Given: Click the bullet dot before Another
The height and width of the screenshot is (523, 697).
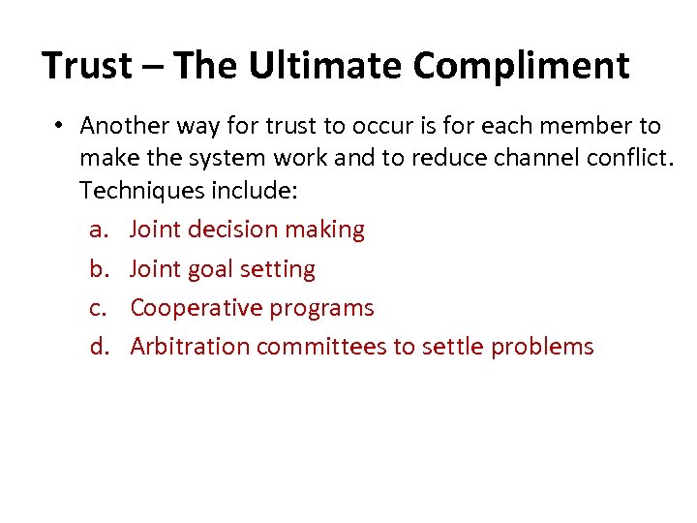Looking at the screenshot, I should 60,127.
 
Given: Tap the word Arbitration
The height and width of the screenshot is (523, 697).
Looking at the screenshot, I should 189,347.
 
